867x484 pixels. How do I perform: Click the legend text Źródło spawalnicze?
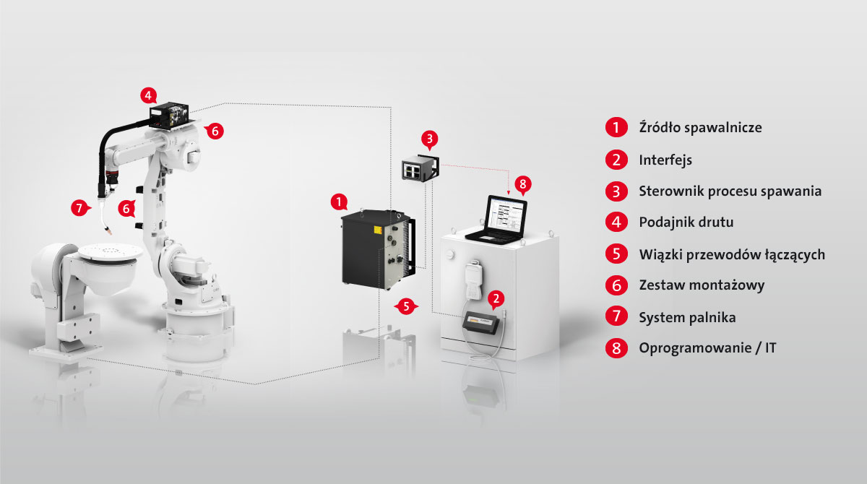coord(700,128)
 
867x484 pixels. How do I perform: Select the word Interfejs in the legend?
coord(665,160)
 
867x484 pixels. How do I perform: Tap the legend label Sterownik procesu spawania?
coord(730,191)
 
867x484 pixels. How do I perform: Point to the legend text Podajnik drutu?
coord(686,222)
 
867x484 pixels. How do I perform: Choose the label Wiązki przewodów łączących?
coord(732,254)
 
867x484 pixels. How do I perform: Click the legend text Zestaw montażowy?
coord(702,285)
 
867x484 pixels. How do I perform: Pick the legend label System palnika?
coord(687,318)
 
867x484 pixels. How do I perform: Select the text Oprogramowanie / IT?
coord(707,348)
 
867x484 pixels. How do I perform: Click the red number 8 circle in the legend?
coord(616,347)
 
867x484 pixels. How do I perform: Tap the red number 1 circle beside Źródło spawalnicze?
coord(616,127)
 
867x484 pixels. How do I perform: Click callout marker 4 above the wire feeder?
coord(149,95)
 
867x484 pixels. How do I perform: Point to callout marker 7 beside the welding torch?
coord(80,208)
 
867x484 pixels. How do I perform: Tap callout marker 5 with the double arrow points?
coord(406,306)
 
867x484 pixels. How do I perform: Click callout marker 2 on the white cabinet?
coord(496,299)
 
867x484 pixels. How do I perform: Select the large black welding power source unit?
coord(377,249)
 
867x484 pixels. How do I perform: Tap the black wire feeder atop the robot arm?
coord(169,116)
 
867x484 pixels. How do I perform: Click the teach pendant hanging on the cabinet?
coord(474,280)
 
